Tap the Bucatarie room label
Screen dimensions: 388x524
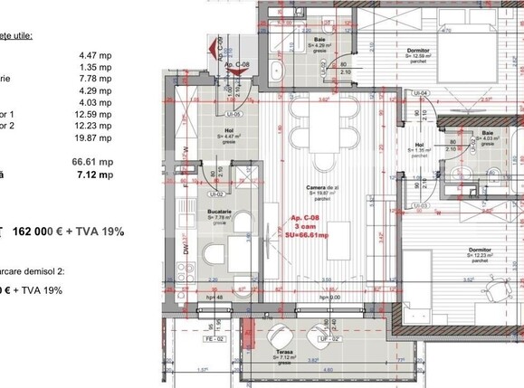coord(197,209)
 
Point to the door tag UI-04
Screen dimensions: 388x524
coord(419,93)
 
